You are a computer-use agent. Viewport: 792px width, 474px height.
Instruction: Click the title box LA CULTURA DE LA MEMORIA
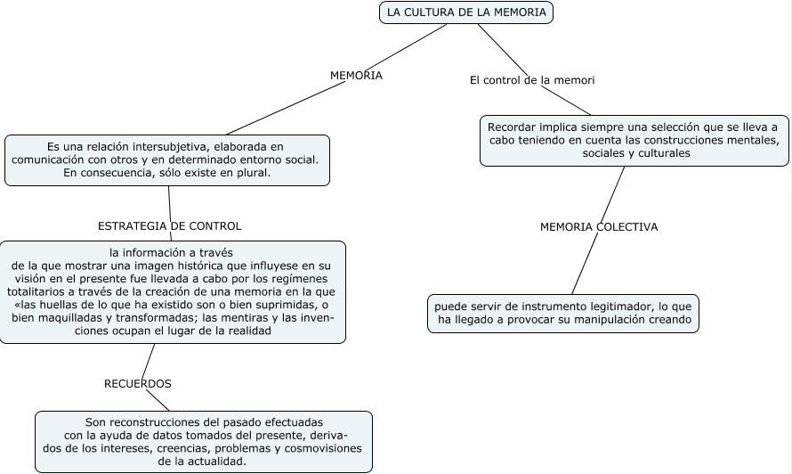466,12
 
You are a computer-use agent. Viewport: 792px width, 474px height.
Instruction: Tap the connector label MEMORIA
356,76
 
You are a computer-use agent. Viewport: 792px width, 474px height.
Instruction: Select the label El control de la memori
532,80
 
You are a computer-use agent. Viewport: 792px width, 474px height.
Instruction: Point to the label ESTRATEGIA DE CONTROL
169,225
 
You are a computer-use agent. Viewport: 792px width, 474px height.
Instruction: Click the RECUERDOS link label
138,383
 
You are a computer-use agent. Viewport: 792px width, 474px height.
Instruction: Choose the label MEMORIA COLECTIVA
599,226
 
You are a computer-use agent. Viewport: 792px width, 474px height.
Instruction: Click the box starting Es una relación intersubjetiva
167,159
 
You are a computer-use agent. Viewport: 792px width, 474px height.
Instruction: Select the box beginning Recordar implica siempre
635,141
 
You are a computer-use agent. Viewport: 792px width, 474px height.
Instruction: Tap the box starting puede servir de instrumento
563,313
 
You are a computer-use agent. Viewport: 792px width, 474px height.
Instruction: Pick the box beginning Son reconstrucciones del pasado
203,441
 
